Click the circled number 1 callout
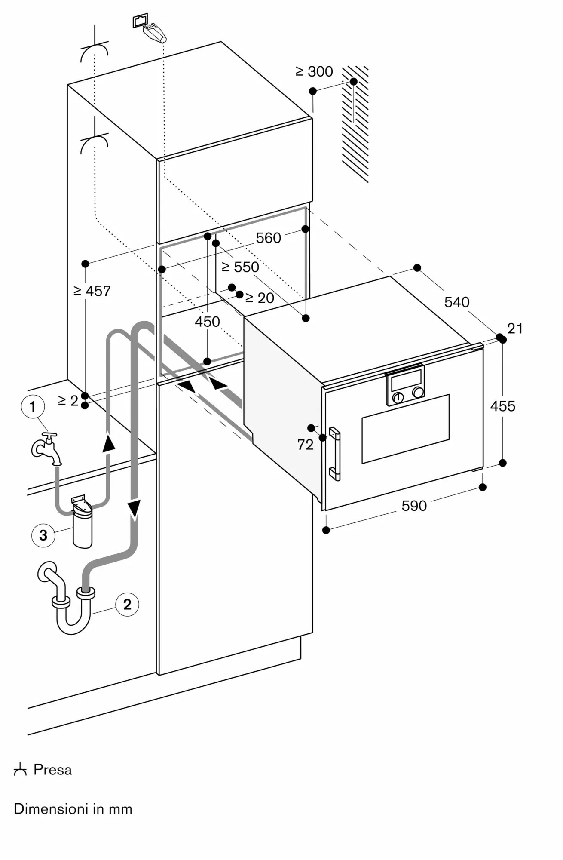click(x=33, y=406)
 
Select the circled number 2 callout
click(x=127, y=604)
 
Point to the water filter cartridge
click(x=82, y=524)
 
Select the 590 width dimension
click(x=414, y=506)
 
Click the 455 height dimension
click(x=502, y=406)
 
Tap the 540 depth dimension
click(x=456, y=302)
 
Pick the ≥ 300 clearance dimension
click(x=314, y=71)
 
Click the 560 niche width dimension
click(x=268, y=238)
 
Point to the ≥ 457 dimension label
click(x=92, y=291)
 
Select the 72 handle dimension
click(x=305, y=445)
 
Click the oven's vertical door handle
click(x=335, y=454)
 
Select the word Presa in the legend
click(x=52, y=769)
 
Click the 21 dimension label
click(x=515, y=329)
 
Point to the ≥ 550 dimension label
click(x=240, y=267)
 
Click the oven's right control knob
click(x=417, y=393)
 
